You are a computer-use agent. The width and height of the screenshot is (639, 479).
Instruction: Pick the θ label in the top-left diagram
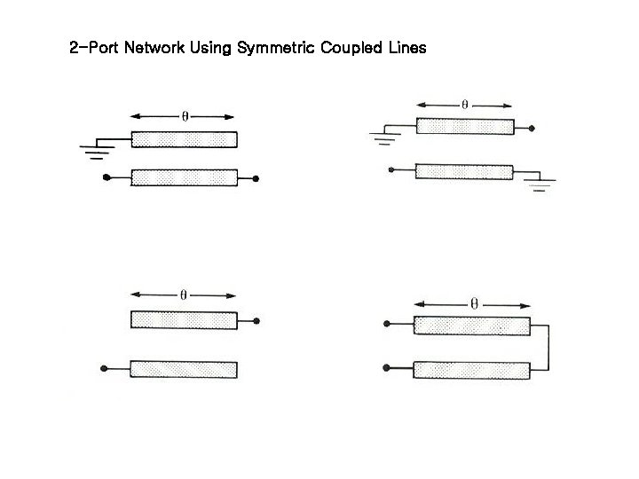click(184, 116)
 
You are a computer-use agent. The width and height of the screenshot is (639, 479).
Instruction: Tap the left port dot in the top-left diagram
click(106, 178)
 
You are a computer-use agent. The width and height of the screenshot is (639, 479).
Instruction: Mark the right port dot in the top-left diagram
click(256, 178)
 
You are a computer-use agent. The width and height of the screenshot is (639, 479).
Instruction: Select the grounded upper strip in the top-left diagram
click(184, 139)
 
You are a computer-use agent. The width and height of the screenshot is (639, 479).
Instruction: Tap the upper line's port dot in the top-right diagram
click(532, 128)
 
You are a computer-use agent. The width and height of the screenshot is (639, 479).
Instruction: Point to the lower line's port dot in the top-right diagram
click(390, 170)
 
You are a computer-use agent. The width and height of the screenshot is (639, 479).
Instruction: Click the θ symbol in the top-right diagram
click(464, 104)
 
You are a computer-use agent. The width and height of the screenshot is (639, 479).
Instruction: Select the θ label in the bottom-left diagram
click(184, 295)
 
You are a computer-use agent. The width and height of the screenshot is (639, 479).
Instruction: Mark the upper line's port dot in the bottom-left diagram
click(256, 321)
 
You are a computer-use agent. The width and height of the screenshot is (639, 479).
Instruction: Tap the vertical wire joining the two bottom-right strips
click(550, 347)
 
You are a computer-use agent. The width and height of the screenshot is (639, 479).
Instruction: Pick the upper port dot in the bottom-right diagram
click(388, 326)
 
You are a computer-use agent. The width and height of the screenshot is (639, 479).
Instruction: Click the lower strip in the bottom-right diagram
click(472, 369)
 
